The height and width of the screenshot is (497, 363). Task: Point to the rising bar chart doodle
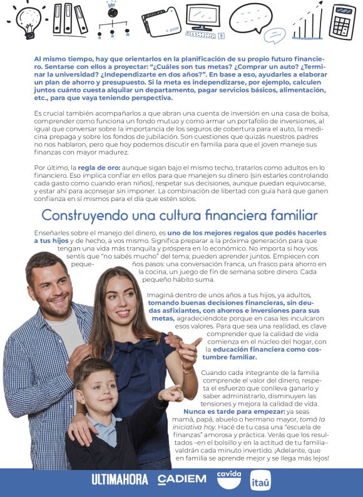point(307,23)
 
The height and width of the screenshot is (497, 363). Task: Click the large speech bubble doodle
point(250,18)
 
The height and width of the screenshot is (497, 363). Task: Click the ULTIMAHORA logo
point(120,479)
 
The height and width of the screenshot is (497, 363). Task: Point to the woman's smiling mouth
point(123,312)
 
